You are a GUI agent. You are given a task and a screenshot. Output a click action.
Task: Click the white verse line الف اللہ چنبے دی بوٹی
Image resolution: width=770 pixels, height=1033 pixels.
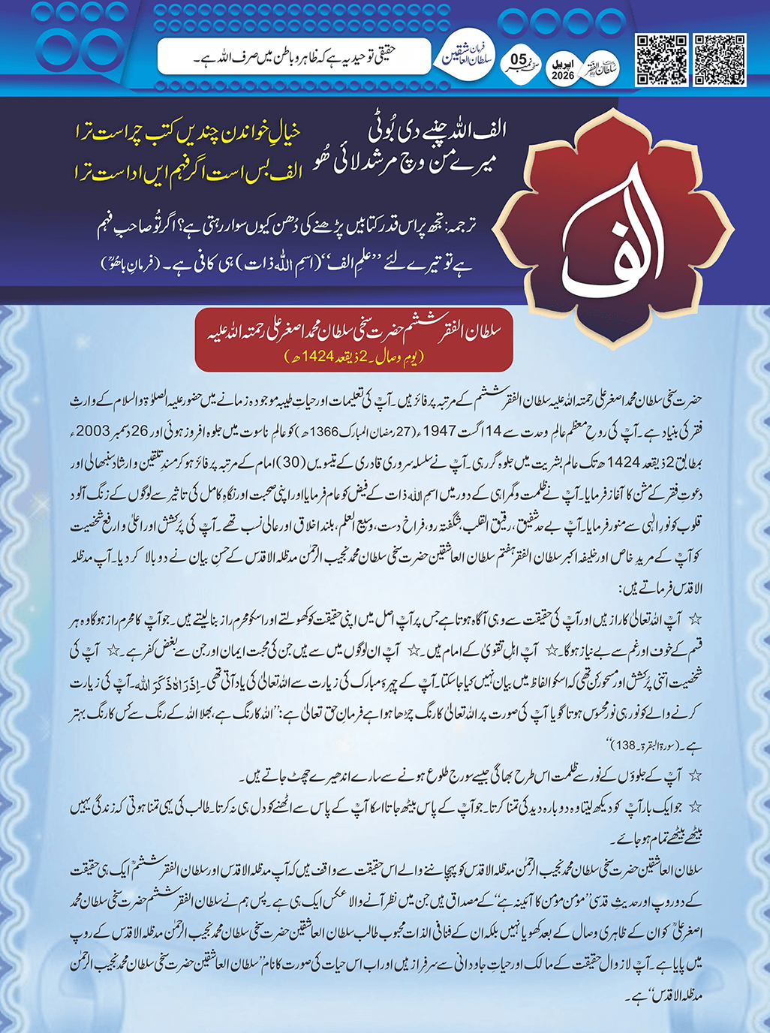[x=438, y=129]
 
